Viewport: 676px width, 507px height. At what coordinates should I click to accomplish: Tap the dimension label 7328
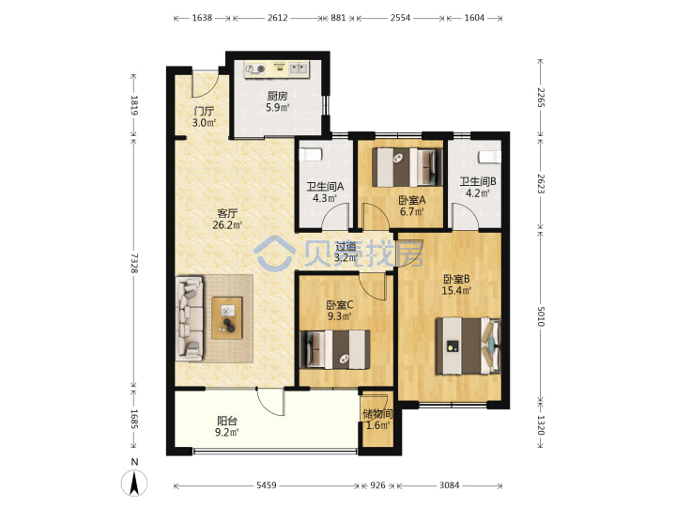[x=134, y=263]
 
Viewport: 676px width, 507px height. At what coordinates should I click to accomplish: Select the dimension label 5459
[x=266, y=485]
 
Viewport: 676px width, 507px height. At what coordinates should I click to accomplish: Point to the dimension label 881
[x=338, y=18]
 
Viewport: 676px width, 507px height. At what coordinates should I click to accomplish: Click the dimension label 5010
[x=542, y=317]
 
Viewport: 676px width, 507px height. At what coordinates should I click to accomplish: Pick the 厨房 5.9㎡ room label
[x=277, y=101]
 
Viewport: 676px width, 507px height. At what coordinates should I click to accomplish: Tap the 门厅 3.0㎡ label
[x=204, y=116]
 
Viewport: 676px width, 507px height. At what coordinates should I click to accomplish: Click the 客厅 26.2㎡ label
[x=227, y=219]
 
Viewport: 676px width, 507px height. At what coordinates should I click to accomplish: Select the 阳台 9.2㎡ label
[x=227, y=426]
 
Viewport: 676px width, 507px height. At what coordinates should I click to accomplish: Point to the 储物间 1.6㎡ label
[x=377, y=420]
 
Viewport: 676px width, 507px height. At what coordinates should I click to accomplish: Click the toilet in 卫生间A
[x=311, y=154]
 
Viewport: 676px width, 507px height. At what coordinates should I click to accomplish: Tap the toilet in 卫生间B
[x=489, y=157]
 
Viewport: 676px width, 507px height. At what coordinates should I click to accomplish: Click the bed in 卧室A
[x=407, y=167]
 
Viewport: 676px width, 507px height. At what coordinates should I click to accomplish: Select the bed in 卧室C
[x=334, y=349]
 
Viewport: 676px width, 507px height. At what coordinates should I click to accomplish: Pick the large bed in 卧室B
[x=469, y=346]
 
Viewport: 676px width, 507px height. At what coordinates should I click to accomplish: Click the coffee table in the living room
[x=227, y=317]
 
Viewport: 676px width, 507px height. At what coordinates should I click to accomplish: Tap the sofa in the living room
[x=190, y=318]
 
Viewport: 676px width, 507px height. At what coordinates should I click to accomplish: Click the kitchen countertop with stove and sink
[x=277, y=69]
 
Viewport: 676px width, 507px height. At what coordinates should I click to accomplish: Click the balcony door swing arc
[x=270, y=401]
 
